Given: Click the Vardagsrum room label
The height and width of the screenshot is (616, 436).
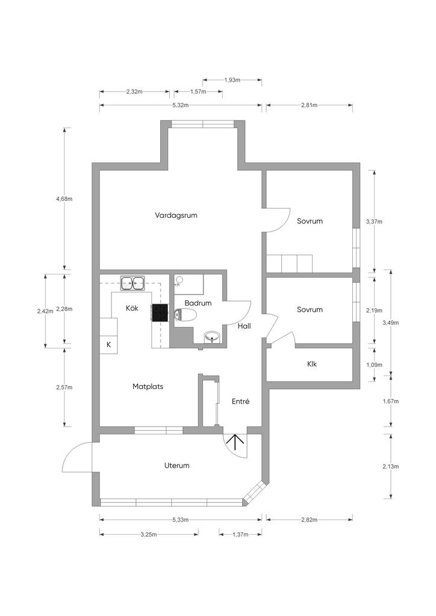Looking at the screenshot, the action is click(176, 216).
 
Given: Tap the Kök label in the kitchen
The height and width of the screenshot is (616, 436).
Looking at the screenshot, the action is click(132, 308).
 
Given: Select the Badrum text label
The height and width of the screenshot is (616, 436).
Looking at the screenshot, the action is click(198, 303).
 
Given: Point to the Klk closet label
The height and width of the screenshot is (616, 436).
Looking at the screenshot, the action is click(312, 364).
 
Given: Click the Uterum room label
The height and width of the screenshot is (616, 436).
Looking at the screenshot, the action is click(176, 466).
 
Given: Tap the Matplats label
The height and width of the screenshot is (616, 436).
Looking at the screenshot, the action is click(148, 387).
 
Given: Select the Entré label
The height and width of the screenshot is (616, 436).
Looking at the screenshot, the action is click(240, 401).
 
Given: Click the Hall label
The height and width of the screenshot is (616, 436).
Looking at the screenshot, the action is click(244, 326).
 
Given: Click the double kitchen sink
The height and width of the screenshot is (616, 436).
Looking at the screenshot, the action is click(132, 283).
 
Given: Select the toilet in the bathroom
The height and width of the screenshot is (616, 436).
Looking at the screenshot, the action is click(185, 315).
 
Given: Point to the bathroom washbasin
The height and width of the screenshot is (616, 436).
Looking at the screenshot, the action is click(213, 337).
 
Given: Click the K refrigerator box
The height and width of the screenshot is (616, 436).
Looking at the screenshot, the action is click(108, 345).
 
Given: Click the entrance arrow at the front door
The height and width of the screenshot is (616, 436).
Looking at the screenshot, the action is click(235, 442).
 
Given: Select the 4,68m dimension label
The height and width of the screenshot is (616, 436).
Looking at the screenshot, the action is click(64, 199).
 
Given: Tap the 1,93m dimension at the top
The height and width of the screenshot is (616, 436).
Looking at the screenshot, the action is click(232, 80).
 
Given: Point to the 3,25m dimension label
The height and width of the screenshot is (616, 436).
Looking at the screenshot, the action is click(149, 534).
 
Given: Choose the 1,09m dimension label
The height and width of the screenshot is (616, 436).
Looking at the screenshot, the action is click(374, 365).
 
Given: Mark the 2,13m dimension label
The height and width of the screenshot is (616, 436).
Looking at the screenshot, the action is click(390, 466).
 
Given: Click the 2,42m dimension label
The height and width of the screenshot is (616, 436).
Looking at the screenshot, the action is click(45, 311).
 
